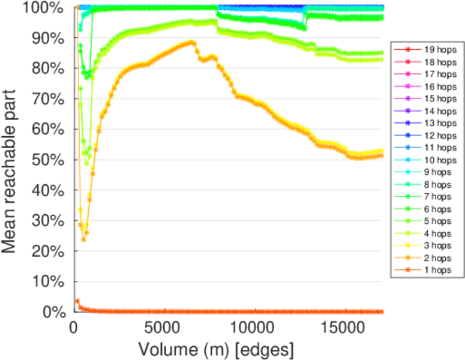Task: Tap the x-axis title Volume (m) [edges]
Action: [216, 349]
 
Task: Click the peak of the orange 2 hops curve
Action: [192, 42]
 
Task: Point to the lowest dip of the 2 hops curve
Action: [83, 239]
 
